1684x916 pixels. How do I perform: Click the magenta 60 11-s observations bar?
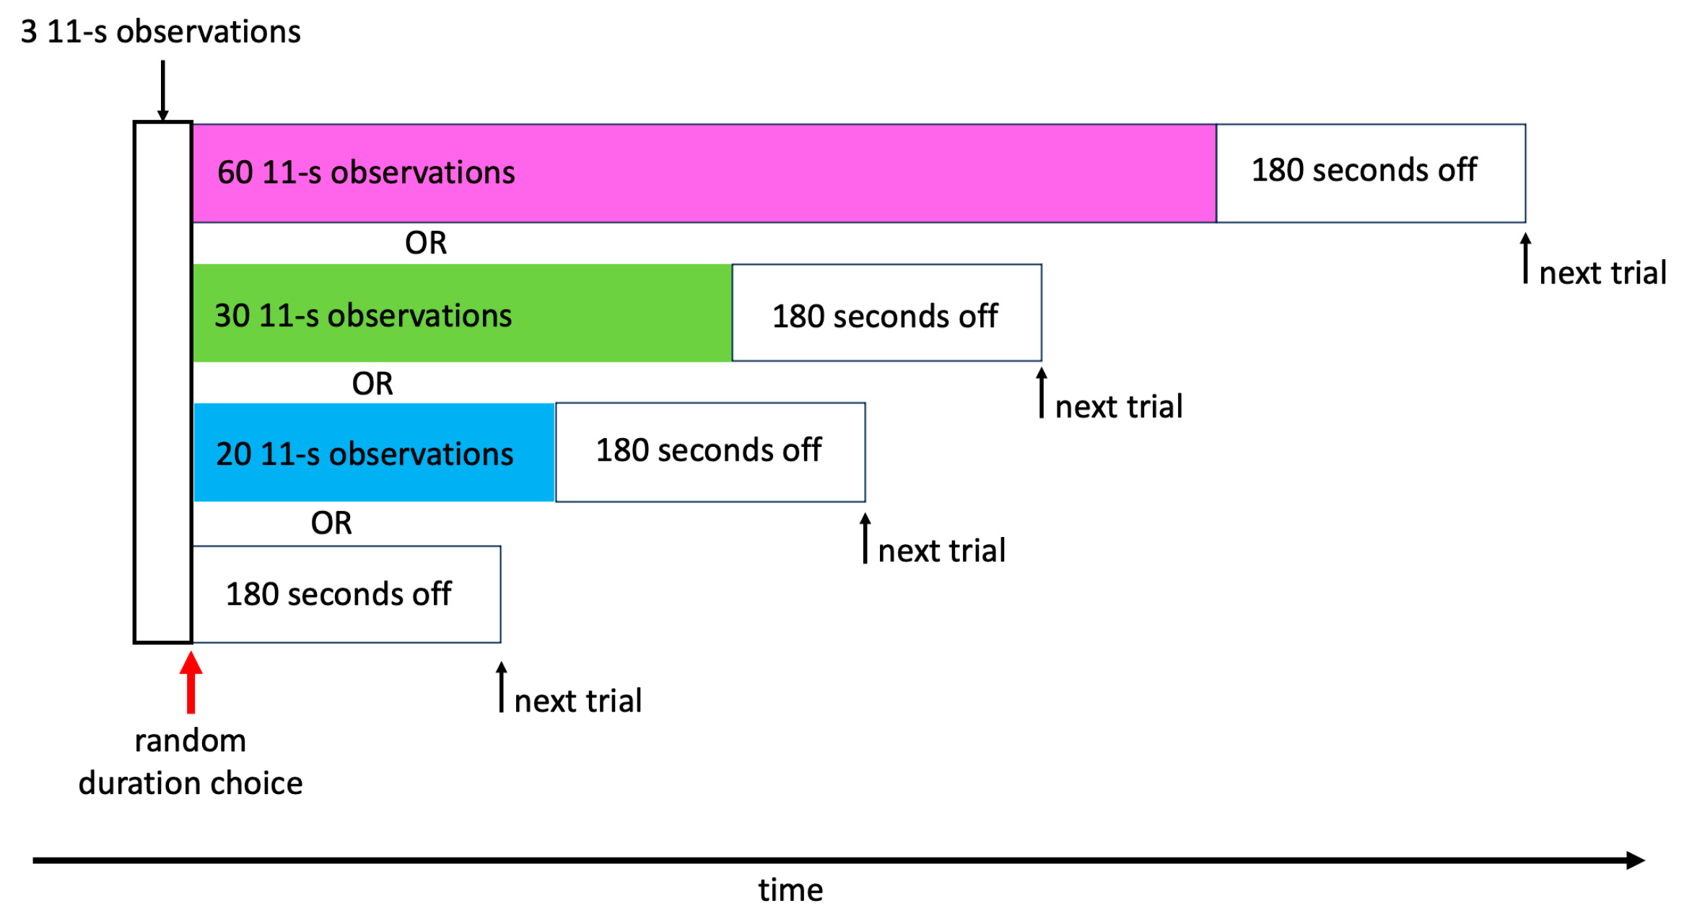coord(704,173)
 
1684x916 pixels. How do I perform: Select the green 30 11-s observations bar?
coord(462,313)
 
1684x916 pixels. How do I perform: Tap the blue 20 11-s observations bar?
coord(374,453)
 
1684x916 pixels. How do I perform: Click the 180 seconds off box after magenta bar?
coord(1370,173)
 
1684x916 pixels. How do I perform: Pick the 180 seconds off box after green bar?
coord(886,313)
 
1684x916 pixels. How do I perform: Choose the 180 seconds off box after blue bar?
coord(710,453)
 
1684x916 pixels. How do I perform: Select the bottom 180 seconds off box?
coord(346,594)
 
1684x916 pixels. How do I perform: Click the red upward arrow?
coord(191,681)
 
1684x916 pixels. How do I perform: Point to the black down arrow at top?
coord(163,90)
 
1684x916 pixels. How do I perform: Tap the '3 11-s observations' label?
coord(160,32)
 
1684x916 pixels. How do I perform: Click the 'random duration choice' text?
coord(191,762)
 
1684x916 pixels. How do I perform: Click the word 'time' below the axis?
coord(790,890)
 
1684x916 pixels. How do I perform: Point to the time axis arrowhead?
coord(1635,860)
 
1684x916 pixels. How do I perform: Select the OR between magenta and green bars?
coord(426,243)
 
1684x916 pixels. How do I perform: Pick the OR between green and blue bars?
coord(372,383)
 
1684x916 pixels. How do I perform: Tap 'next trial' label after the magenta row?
coord(1602,274)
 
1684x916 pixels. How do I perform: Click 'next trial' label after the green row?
coord(1119,407)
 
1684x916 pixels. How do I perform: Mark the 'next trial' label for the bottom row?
coord(577,701)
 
